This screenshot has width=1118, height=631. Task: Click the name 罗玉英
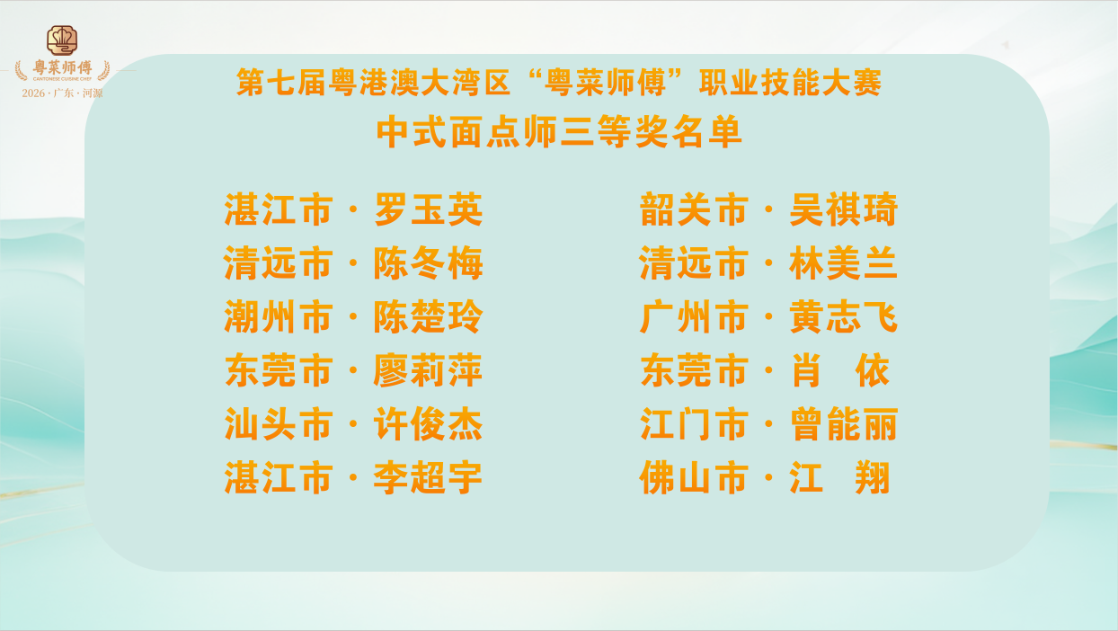click(428, 209)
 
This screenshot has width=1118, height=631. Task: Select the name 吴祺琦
click(844, 209)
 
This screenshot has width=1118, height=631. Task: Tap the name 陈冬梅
click(428, 263)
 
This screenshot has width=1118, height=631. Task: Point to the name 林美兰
click(844, 263)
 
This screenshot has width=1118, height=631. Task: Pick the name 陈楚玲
click(428, 317)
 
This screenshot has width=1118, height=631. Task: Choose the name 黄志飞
click(844, 317)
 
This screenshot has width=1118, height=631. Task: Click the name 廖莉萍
click(428, 370)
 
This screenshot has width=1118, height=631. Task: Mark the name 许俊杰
click(428, 424)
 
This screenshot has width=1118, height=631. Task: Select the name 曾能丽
click(844, 424)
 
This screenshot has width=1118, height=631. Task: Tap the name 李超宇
click(428, 477)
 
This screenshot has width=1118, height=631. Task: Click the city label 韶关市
click(695, 209)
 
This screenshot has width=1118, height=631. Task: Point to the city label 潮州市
click(279, 317)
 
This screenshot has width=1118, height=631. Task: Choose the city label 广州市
click(695, 317)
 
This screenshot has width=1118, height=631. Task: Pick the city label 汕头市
click(279, 424)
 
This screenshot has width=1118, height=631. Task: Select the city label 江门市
click(695, 424)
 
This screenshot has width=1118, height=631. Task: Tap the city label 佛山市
click(695, 477)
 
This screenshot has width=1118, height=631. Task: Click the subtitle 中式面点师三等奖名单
click(559, 132)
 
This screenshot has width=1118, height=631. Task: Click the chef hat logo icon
click(62, 40)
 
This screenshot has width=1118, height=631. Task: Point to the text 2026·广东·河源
click(62, 93)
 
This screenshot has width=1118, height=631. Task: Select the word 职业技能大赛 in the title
click(791, 83)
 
